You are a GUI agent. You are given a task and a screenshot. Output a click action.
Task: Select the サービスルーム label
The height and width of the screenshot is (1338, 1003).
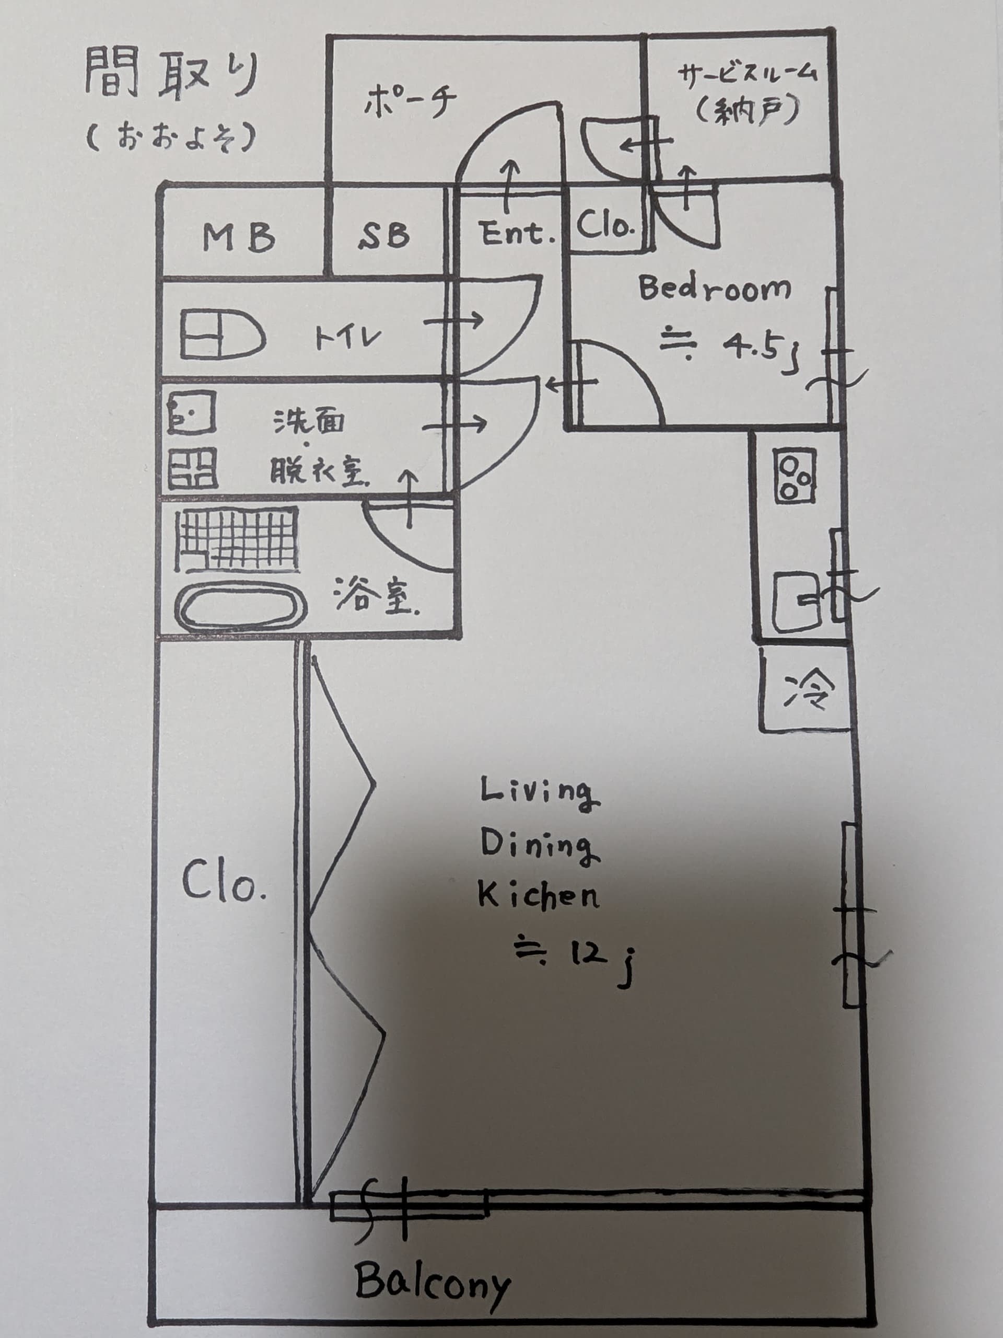click(x=747, y=74)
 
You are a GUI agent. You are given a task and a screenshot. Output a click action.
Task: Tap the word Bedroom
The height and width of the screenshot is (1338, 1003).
click(x=715, y=288)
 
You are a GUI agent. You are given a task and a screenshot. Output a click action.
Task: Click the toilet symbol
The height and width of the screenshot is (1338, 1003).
click(x=222, y=334)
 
